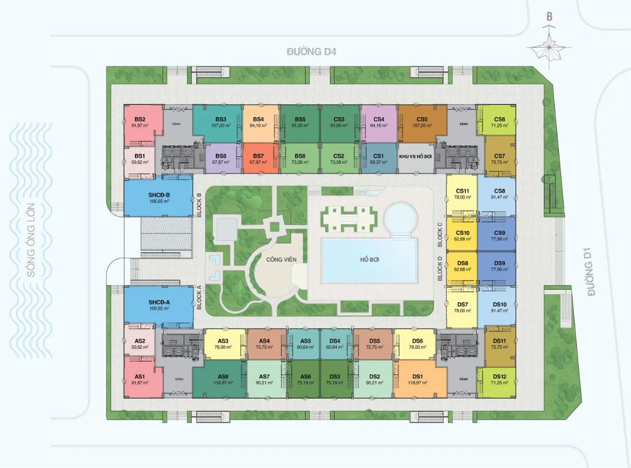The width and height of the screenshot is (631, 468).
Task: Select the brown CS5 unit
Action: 422,124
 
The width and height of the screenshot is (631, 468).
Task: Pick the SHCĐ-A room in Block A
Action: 158,305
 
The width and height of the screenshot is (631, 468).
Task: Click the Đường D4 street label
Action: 312,52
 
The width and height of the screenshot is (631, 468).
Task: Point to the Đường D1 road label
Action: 589,272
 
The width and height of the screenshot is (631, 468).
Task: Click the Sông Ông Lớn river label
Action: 31,240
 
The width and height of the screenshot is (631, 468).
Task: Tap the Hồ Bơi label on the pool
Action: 369,260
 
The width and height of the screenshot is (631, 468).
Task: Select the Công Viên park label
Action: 281,260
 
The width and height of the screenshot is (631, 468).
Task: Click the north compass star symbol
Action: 549,48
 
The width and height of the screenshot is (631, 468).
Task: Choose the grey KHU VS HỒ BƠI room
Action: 416,158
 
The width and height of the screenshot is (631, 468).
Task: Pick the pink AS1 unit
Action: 140,377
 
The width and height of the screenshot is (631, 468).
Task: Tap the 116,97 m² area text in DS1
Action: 417,383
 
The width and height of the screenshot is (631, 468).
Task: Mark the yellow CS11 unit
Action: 462,195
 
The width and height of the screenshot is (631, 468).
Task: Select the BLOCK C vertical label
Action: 440,235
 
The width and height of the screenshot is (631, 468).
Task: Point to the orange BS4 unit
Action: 261,124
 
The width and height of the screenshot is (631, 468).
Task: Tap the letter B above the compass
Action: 549,17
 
